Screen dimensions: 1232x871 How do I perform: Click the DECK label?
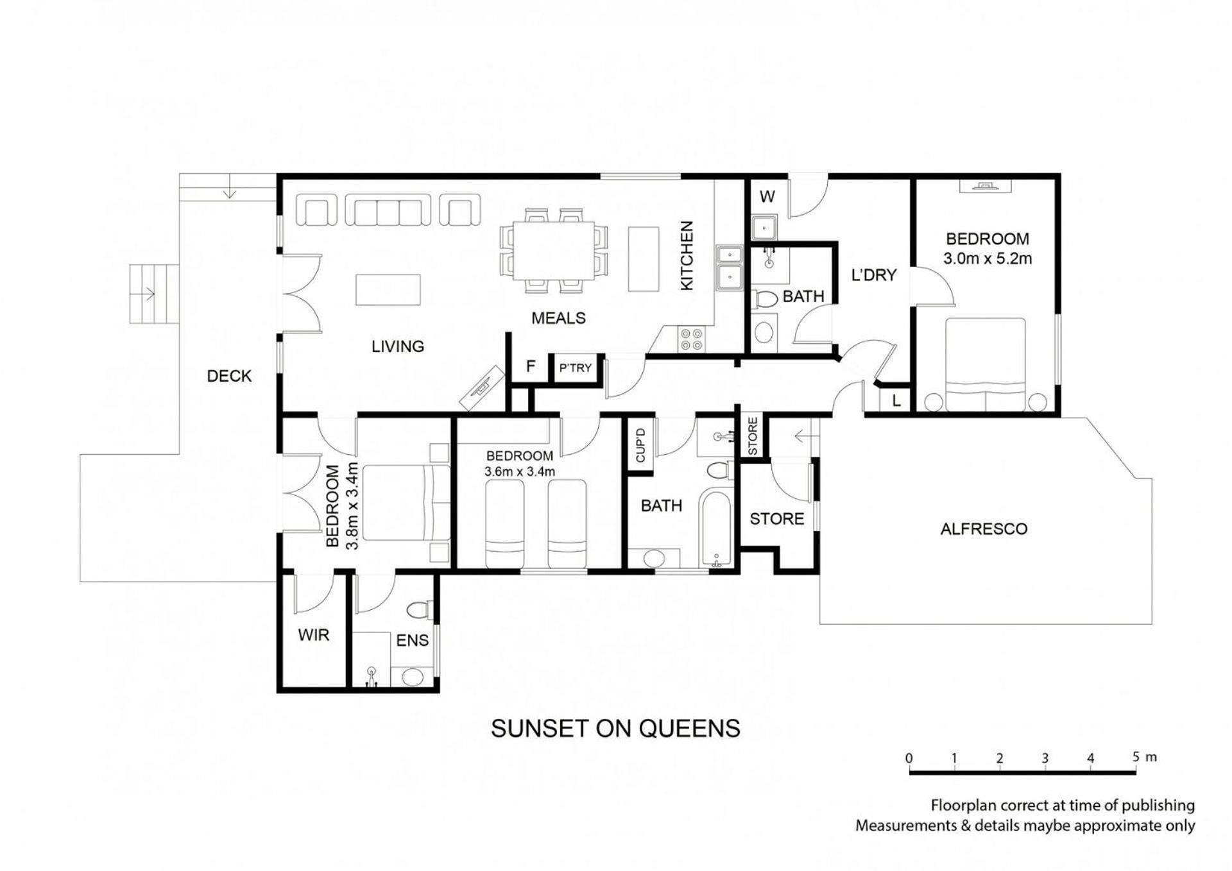[229, 376]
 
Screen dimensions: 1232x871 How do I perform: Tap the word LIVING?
[398, 346]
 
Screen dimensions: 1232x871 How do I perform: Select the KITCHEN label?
[687, 255]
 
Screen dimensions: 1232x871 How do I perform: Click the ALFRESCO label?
[984, 529]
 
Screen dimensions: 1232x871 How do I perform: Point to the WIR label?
[313, 635]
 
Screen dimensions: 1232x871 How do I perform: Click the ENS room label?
[412, 640]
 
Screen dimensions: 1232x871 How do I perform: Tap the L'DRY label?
[873, 275]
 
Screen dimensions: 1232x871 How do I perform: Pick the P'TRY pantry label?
[575, 368]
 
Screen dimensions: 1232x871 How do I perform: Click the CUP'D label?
[640, 444]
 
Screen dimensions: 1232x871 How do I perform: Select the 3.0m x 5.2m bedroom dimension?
[988, 258]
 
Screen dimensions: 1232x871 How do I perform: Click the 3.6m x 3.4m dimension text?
[520, 471]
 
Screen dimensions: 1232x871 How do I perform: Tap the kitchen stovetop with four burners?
[691, 339]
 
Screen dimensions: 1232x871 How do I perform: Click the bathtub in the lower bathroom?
[717, 529]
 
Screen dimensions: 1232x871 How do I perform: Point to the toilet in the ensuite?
[421, 609]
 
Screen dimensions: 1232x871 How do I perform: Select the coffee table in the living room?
[388, 289]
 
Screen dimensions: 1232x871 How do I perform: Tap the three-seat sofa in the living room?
[388, 210]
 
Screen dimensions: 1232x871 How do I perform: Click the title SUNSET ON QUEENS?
[615, 729]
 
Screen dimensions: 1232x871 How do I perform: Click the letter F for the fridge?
[531, 366]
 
